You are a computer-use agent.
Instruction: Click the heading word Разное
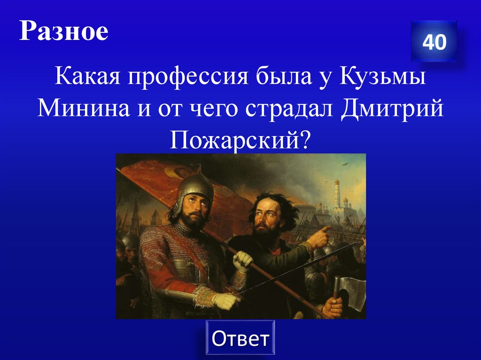click(x=64, y=32)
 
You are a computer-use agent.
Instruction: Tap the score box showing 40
click(x=434, y=42)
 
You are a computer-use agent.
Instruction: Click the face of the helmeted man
click(x=195, y=209)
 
